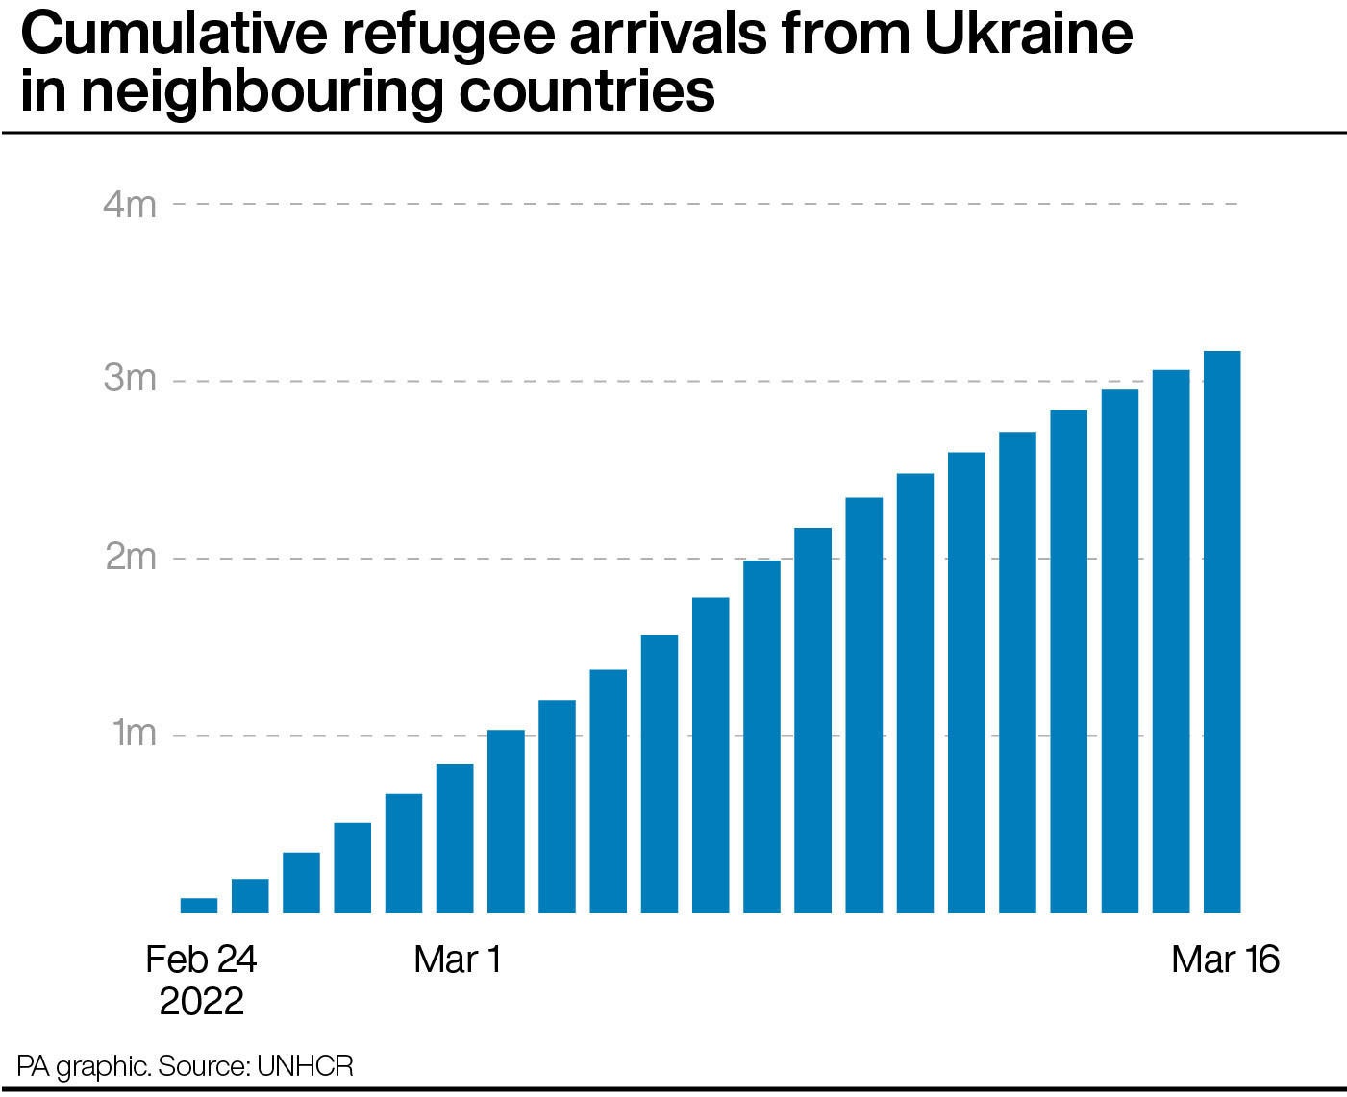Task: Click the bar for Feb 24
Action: pos(199,905)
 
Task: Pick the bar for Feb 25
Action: pos(250,895)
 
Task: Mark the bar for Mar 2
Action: pos(506,821)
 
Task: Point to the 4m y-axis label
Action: pos(130,205)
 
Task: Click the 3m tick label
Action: pos(130,380)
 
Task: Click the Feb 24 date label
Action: pos(201,960)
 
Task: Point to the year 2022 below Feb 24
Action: pos(201,1002)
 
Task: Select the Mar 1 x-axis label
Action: pos(458,960)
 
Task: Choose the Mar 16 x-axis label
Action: pos(1225,960)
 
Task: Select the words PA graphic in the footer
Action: pos(82,1066)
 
